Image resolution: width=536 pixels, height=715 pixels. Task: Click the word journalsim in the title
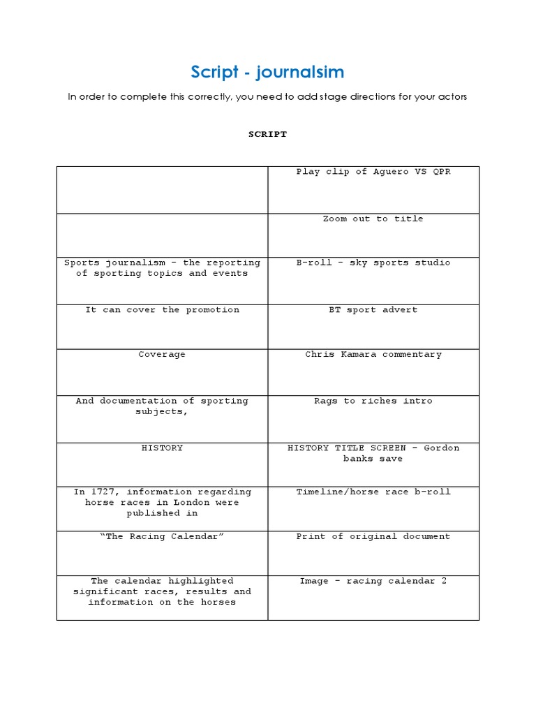pyautogui.click(x=300, y=72)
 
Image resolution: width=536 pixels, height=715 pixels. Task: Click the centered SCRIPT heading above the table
pyautogui.click(x=268, y=134)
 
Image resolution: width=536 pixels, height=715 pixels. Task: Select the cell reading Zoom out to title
pyautogui.click(x=373, y=219)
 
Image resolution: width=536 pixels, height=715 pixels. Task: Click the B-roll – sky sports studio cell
pyautogui.click(x=373, y=263)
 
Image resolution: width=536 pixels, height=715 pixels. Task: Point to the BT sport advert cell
pyautogui.click(x=373, y=309)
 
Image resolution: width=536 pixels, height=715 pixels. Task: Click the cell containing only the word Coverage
pyautogui.click(x=162, y=354)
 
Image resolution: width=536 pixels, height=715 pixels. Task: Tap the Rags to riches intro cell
pyautogui.click(x=373, y=401)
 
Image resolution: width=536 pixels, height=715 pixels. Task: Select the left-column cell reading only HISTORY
pyautogui.click(x=162, y=448)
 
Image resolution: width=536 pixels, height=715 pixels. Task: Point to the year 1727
pyautogui.click(x=100, y=492)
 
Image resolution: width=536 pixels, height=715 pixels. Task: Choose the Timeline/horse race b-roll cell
pyautogui.click(x=373, y=492)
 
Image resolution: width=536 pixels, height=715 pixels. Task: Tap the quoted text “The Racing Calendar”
pyautogui.click(x=162, y=536)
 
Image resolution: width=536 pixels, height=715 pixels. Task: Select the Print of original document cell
pyautogui.click(x=373, y=536)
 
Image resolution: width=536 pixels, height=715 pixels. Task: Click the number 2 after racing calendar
pyautogui.click(x=444, y=580)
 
